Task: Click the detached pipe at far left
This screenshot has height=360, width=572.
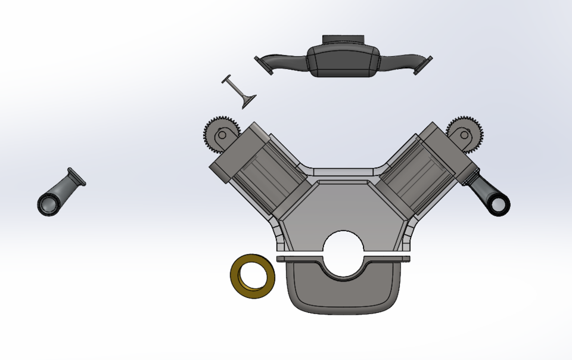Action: [x=60, y=192]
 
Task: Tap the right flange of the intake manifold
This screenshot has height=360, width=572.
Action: [x=424, y=64]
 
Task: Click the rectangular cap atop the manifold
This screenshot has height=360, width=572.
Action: [x=343, y=39]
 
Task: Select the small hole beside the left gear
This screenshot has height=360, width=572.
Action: [x=222, y=135]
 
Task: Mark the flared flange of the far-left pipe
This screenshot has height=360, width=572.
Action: [x=77, y=176]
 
